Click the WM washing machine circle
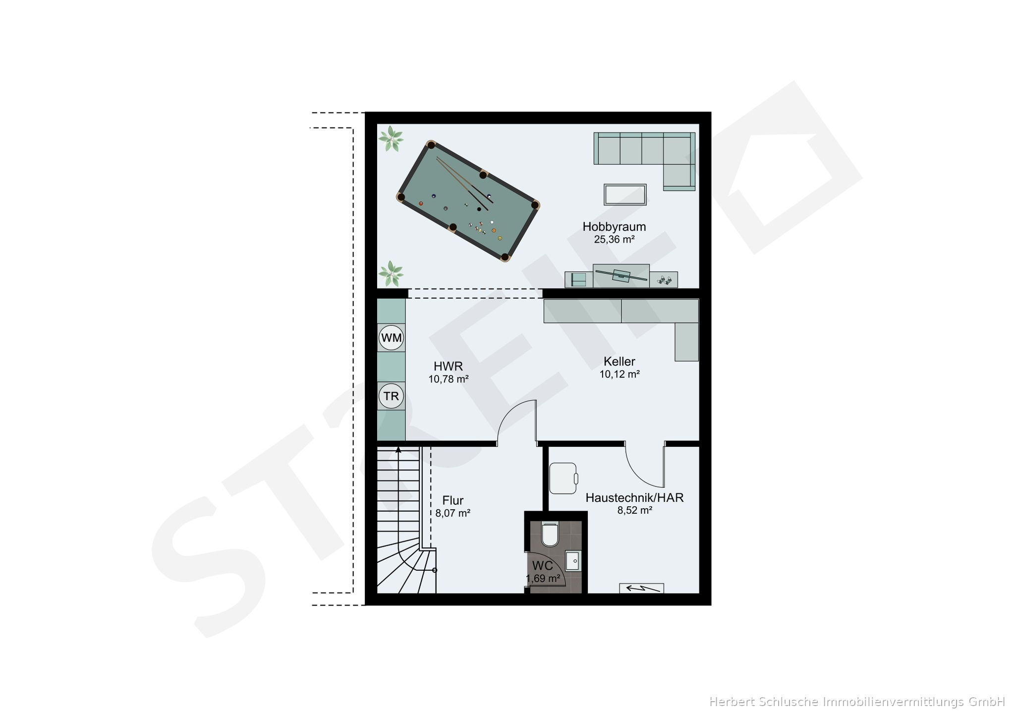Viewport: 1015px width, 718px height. coord(392,338)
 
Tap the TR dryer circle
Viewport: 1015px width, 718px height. coord(392,396)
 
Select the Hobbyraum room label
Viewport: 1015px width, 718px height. coord(614,227)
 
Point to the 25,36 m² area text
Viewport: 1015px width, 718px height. coord(615,239)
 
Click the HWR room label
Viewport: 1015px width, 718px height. coord(448,366)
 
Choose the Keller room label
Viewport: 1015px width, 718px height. coord(620,361)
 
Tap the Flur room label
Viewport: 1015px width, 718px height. coord(453,500)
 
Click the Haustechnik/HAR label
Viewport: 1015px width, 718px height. coord(635,497)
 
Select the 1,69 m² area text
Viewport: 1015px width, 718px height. coord(543,578)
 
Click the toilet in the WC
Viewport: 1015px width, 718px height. coord(550,534)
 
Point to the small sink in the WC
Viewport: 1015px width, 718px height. coord(573,561)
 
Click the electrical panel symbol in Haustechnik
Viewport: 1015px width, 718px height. coord(641,588)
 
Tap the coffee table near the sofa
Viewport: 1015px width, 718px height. coord(625,194)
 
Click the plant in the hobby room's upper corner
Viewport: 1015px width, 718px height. coord(391,139)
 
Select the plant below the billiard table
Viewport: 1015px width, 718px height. coord(391,274)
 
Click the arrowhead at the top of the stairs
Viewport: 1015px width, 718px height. coord(398,450)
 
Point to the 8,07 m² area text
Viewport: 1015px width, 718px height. coord(453,513)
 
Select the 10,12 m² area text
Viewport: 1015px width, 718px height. coord(620,374)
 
